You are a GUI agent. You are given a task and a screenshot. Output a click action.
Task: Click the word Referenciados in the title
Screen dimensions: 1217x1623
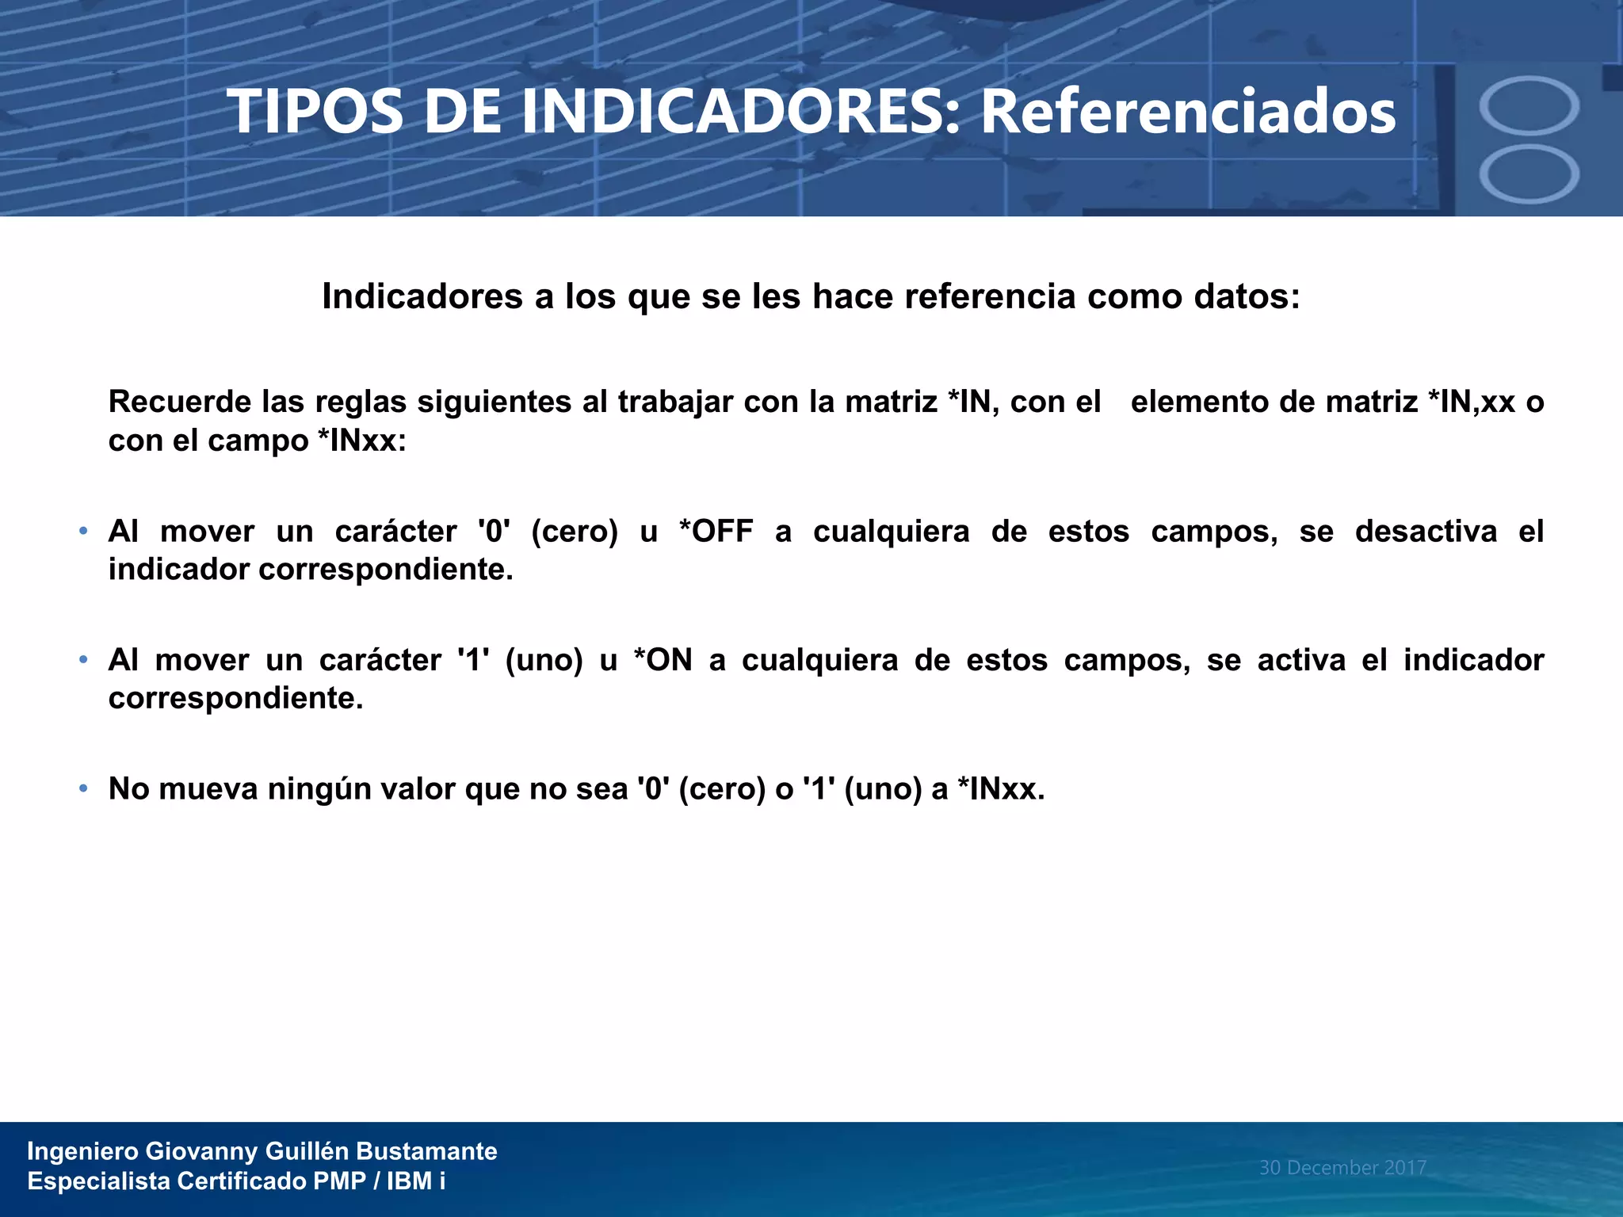[x=1188, y=112]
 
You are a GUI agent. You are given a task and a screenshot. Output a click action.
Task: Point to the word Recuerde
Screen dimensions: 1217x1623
[x=179, y=402]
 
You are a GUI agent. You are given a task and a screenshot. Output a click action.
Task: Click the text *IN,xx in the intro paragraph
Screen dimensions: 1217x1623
[x=1471, y=402]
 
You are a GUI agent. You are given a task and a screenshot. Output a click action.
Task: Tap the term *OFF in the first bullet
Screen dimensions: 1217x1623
[x=716, y=531]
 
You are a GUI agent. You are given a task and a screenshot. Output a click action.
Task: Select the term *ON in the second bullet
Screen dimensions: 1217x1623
[x=663, y=660]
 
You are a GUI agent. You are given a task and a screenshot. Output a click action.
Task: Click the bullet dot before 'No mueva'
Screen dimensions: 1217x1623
[x=83, y=788]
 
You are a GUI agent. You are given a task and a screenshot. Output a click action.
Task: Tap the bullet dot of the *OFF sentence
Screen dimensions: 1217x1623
[x=83, y=531]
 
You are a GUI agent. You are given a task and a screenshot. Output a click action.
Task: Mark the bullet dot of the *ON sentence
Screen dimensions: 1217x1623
[x=83, y=660]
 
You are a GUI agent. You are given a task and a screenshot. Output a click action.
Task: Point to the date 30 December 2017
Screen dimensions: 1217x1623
[x=1342, y=1168]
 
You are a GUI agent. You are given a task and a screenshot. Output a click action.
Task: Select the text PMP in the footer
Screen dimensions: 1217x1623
[x=339, y=1181]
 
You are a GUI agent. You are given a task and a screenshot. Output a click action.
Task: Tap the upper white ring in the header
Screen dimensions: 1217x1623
[x=1529, y=105]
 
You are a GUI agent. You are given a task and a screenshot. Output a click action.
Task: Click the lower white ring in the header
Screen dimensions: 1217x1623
[x=1529, y=174]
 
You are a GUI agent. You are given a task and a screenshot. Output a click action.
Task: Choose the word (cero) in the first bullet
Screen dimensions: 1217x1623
[x=574, y=531]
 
